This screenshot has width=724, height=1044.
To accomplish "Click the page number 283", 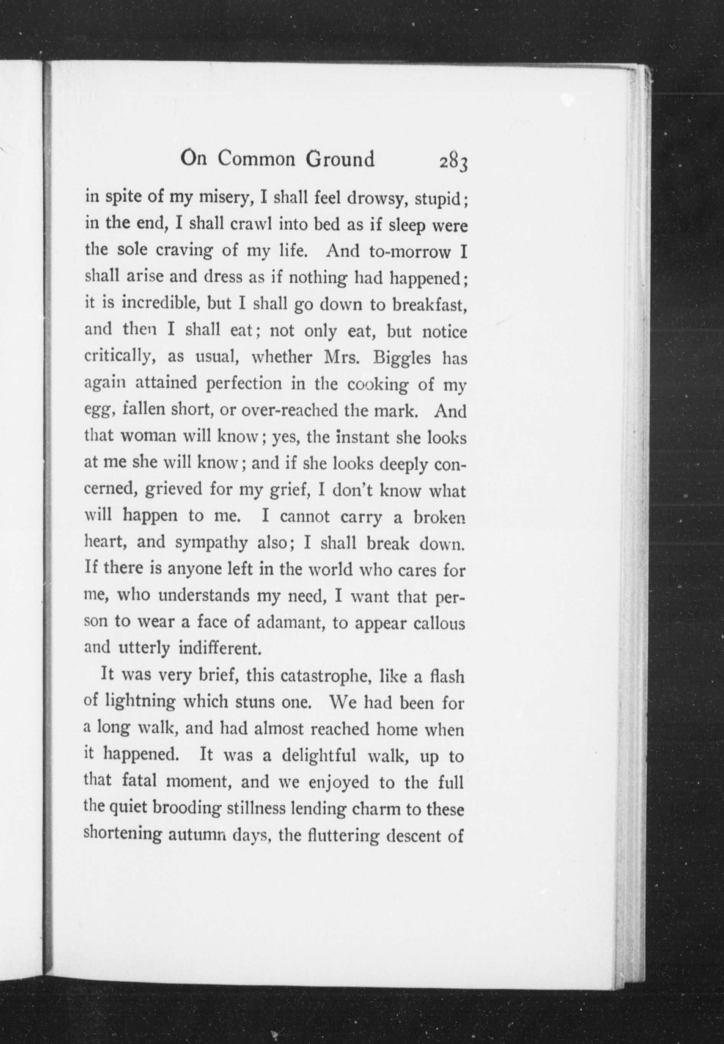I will coord(453,162).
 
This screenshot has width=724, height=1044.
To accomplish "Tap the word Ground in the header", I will coord(340,159).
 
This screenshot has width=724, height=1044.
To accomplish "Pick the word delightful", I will coord(320,756).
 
